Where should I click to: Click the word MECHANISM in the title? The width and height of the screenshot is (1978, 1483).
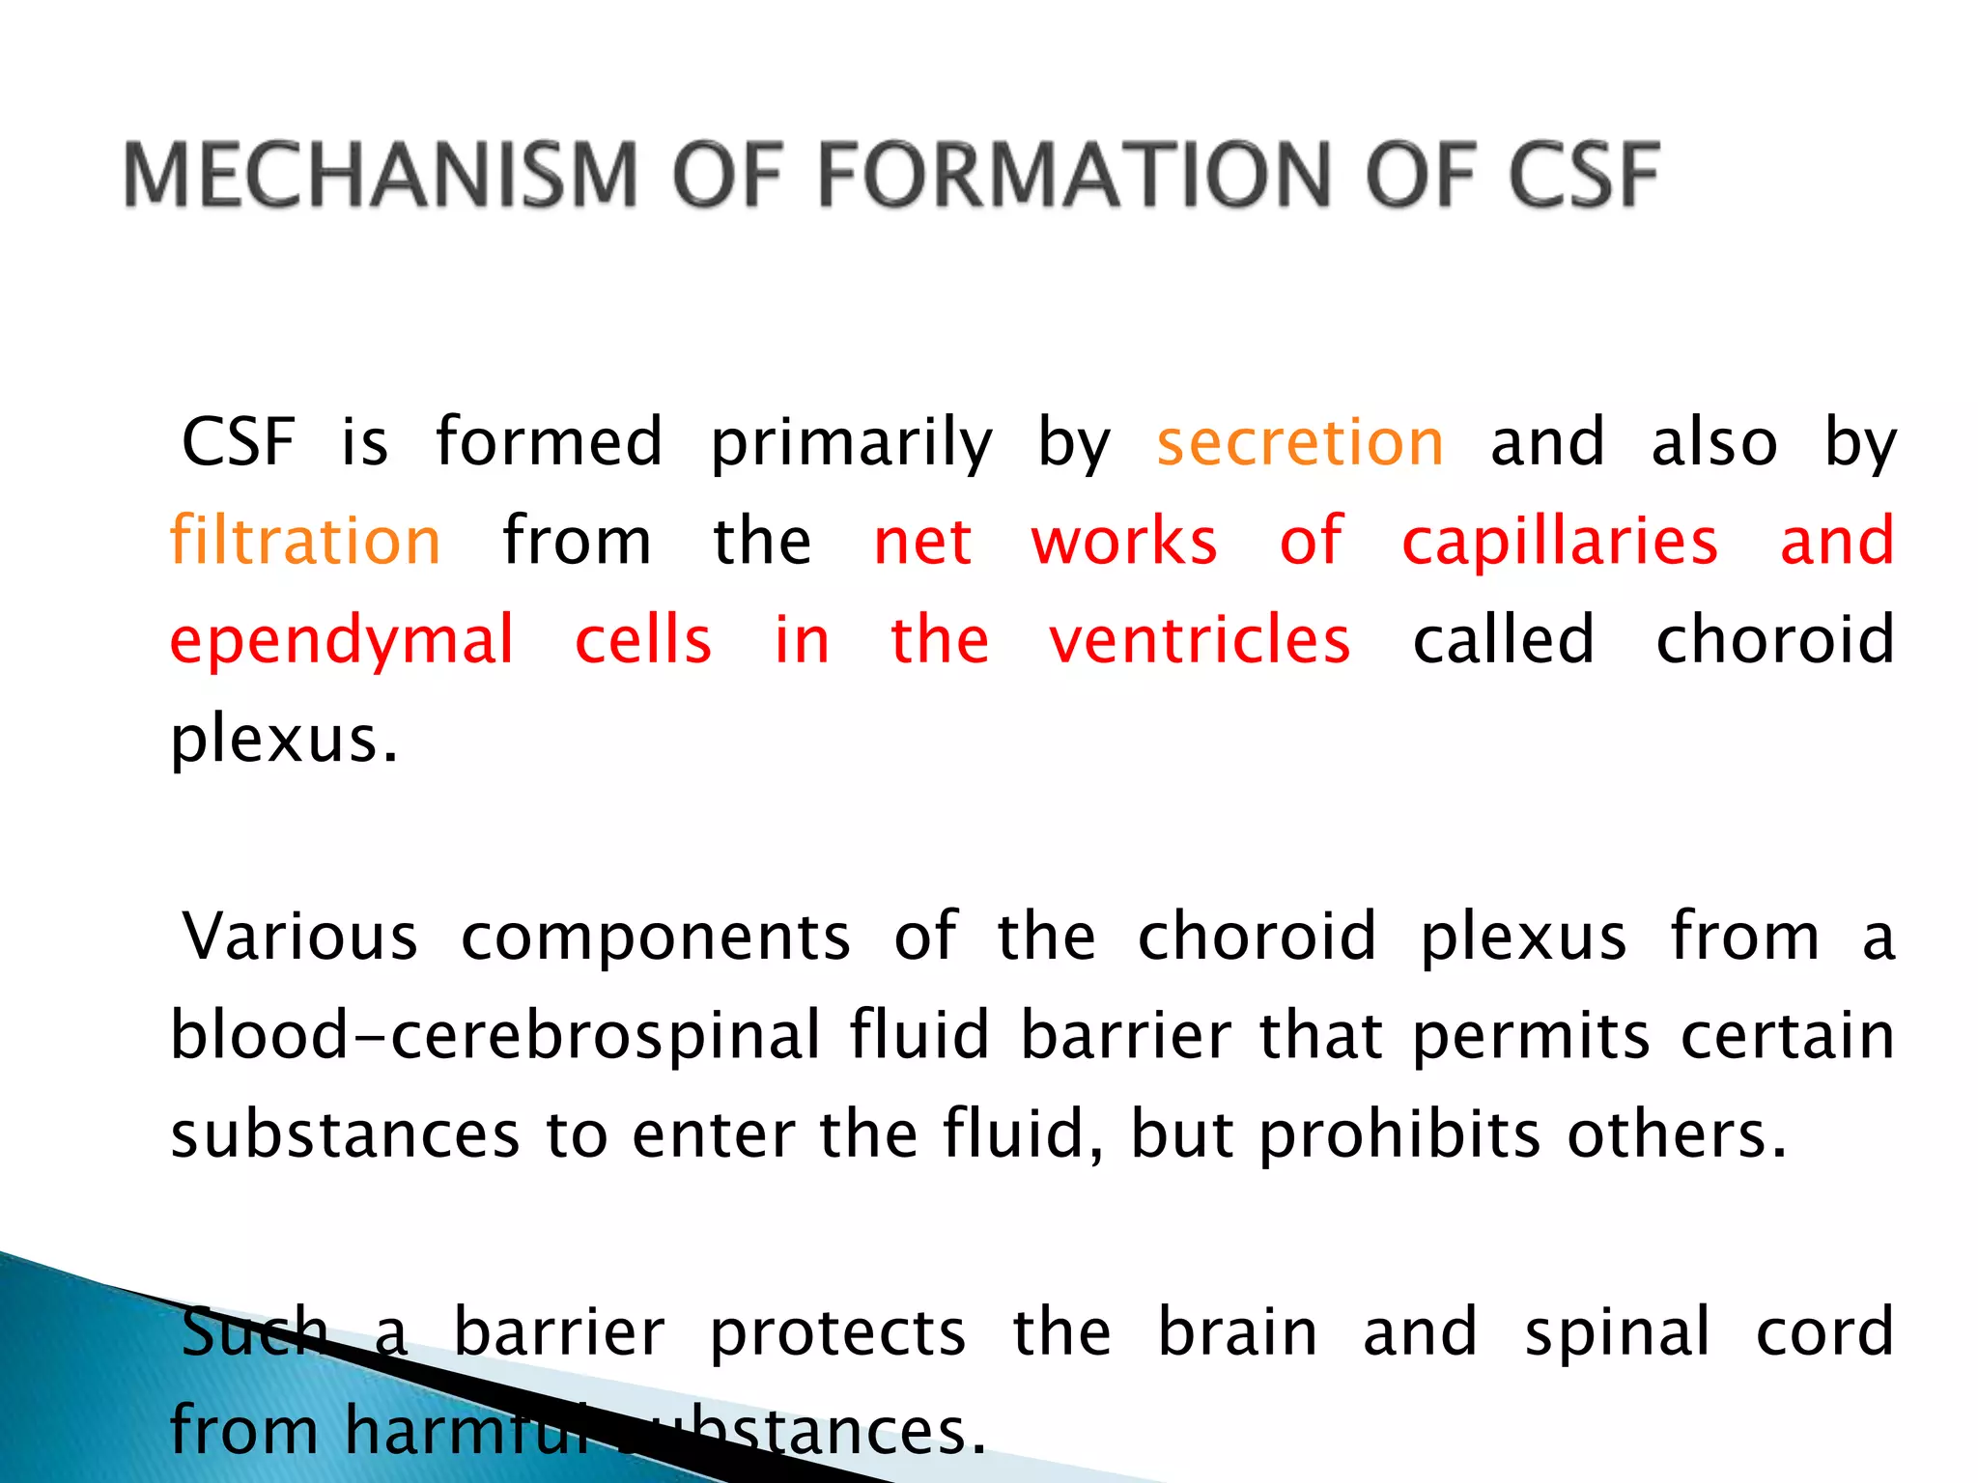pyautogui.click(x=381, y=175)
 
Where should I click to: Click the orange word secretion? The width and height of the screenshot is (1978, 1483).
pyautogui.click(x=1300, y=443)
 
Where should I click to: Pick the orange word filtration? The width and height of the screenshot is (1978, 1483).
pyautogui.click(x=305, y=541)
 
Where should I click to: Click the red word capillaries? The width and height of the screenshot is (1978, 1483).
pyautogui.click(x=1560, y=543)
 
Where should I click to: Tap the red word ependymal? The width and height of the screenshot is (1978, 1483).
pyautogui.click(x=342, y=642)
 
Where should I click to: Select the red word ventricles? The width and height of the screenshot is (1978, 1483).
pyautogui.click(x=1200, y=640)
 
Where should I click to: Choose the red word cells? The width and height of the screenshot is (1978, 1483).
pyautogui.click(x=643, y=640)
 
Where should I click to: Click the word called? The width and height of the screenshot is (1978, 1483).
pyautogui.click(x=1503, y=640)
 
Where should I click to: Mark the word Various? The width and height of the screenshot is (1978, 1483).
pyautogui.click(x=300, y=937)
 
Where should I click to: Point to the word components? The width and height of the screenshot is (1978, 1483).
pyautogui.click(x=656, y=938)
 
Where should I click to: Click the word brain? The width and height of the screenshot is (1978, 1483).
pyautogui.click(x=1237, y=1332)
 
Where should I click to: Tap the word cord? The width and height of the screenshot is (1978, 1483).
pyautogui.click(x=1824, y=1332)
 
